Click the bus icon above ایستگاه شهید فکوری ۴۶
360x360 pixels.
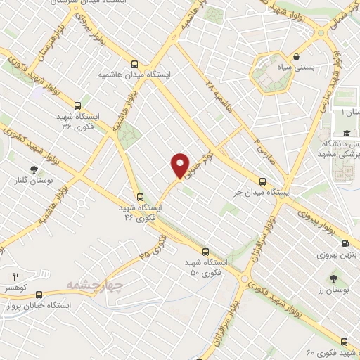[139, 197]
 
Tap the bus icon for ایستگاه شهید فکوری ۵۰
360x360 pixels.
[206, 250]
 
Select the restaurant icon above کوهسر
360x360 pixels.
[16, 276]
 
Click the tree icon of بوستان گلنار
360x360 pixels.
[33, 169]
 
